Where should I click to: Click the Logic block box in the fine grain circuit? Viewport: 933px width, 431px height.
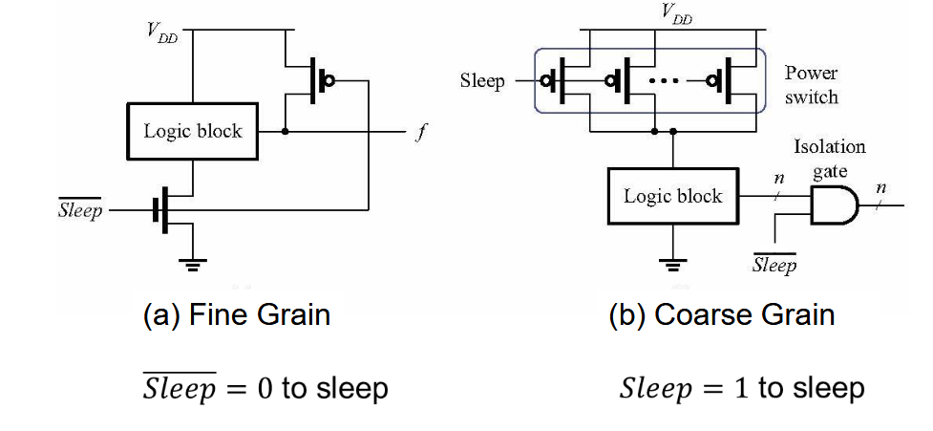[193, 131]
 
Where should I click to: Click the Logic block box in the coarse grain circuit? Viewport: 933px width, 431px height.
[673, 197]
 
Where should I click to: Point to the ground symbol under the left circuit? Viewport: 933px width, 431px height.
[194, 263]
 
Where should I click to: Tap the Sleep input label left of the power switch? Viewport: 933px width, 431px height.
[482, 80]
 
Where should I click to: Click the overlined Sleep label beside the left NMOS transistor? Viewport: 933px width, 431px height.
[80, 210]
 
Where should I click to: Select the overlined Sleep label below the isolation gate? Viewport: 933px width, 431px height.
[774, 265]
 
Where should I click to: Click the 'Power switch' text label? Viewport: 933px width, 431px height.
[811, 84]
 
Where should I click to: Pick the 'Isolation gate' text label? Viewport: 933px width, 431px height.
[830, 157]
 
